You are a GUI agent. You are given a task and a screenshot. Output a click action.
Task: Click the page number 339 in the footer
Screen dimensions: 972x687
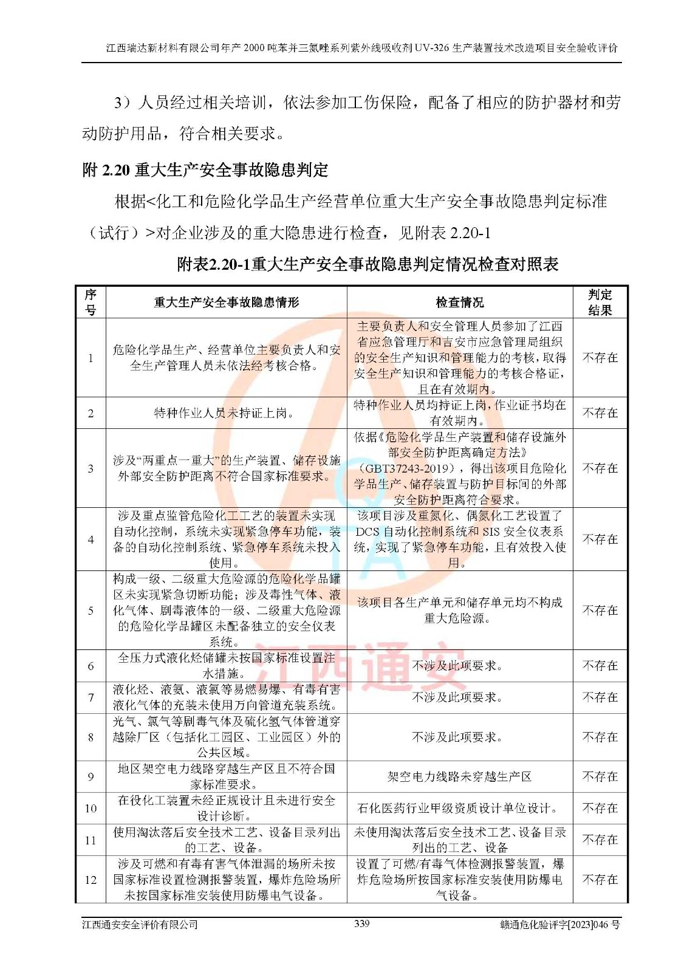click(x=361, y=923)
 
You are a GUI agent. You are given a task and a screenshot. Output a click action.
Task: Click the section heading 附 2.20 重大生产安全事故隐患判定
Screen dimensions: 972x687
click(x=205, y=170)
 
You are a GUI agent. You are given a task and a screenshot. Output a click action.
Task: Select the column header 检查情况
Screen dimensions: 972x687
click(x=460, y=303)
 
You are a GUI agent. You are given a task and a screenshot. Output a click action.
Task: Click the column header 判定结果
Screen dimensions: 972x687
click(x=600, y=303)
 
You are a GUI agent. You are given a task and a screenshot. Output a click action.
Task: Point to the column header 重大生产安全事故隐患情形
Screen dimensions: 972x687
click(x=226, y=303)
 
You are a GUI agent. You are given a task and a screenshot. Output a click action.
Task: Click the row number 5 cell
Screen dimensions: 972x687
click(x=91, y=611)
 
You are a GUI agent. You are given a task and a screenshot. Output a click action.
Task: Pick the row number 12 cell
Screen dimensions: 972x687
click(x=91, y=880)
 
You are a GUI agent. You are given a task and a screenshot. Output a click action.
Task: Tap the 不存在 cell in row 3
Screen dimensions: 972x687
click(x=600, y=468)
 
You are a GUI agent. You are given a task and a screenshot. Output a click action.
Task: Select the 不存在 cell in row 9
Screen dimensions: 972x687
click(x=600, y=776)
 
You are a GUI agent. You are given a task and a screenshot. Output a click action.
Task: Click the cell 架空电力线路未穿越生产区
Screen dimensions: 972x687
click(x=459, y=776)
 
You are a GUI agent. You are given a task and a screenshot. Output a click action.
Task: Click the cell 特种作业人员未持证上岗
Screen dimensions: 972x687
click(x=224, y=413)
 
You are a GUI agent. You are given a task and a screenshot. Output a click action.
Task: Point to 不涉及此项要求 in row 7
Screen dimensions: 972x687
click(x=457, y=697)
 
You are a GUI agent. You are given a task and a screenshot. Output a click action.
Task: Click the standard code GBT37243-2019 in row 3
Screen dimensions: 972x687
click(x=406, y=468)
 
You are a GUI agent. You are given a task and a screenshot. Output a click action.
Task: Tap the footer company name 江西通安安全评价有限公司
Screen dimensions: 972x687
click(x=140, y=925)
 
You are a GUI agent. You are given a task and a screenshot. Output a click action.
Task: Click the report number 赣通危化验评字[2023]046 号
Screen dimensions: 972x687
click(x=559, y=925)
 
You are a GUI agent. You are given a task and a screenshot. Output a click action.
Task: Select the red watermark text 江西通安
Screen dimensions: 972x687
click(x=345, y=668)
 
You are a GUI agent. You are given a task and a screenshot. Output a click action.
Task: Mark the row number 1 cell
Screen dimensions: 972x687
click(x=91, y=358)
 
